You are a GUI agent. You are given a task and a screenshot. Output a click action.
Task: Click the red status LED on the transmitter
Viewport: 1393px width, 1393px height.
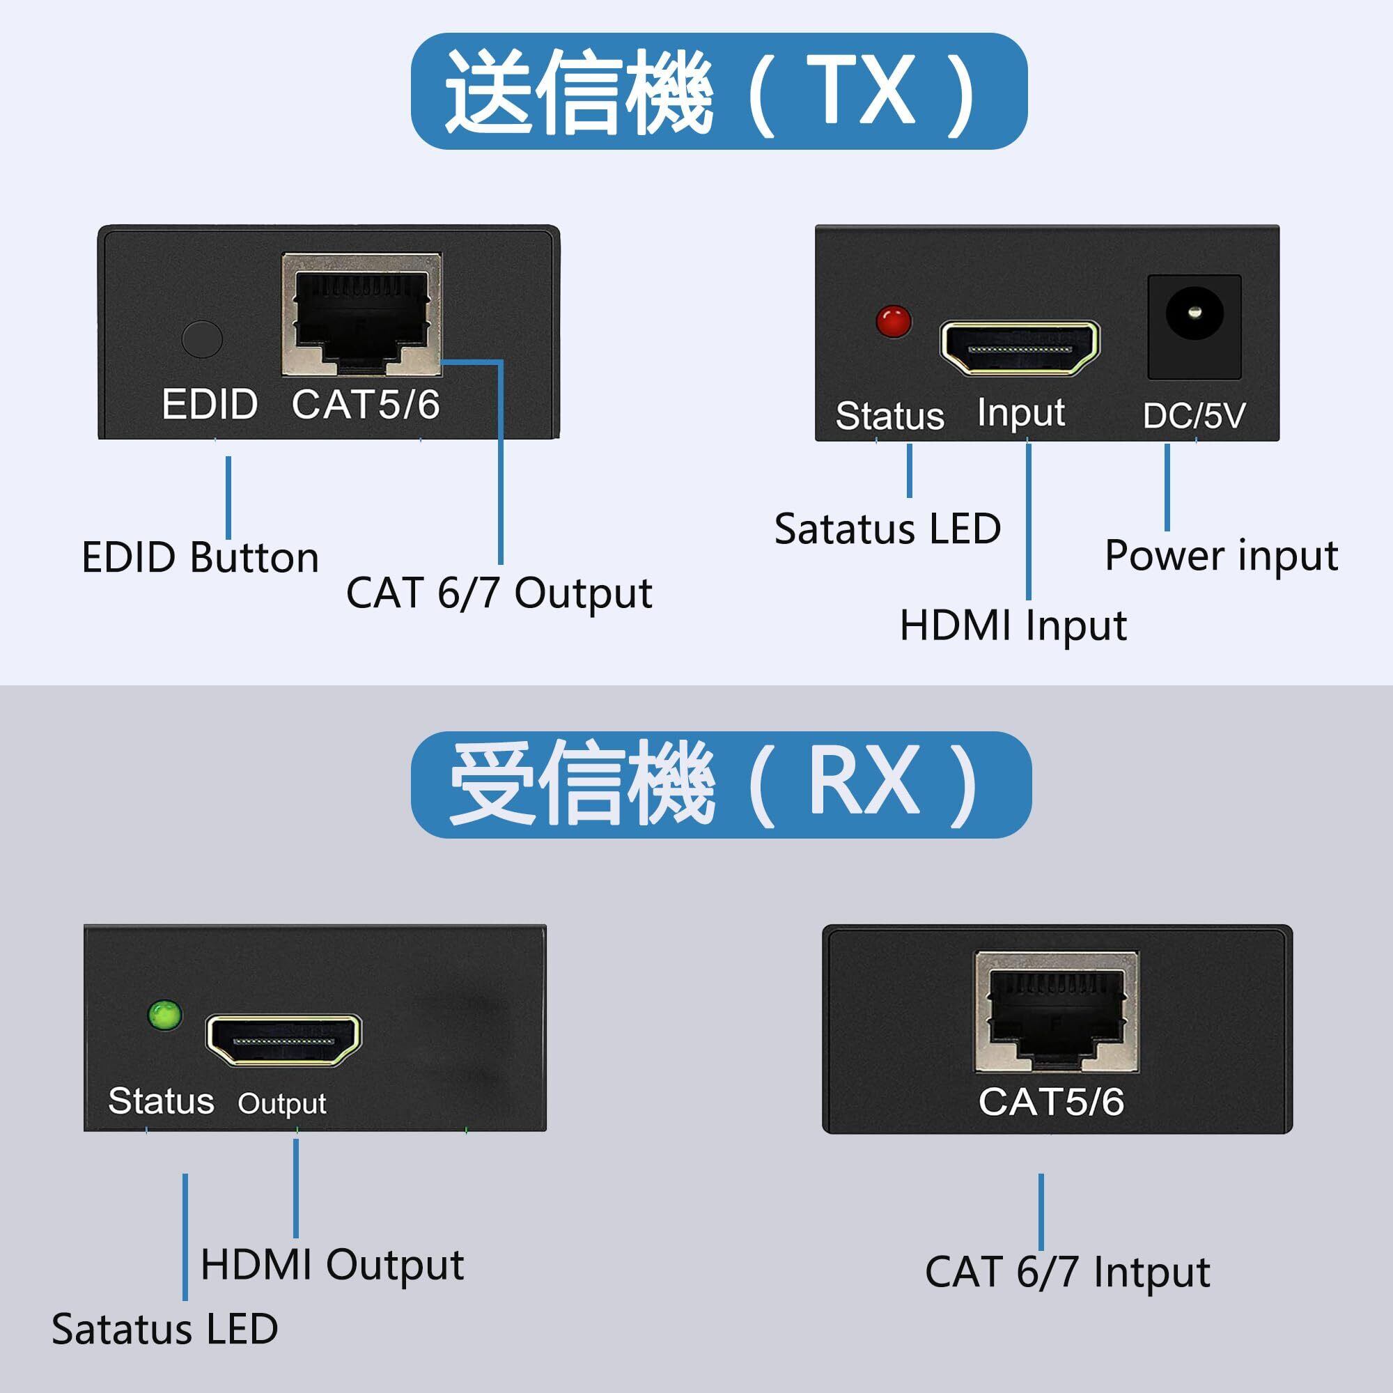coord(894,322)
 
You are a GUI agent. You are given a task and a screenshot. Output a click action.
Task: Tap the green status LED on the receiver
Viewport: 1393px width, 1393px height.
coord(165,1016)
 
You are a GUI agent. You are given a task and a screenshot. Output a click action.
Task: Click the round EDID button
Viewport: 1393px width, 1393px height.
coord(202,338)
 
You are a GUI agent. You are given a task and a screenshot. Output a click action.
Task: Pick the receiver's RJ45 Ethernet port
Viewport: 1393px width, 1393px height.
coord(1057,1010)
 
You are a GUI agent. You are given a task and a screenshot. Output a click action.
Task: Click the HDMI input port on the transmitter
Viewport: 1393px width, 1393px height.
coord(1020,348)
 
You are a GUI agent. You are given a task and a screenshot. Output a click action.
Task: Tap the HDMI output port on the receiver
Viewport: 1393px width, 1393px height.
coord(283,1039)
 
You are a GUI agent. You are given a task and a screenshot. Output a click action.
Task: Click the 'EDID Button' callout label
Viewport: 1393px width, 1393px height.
coord(200,558)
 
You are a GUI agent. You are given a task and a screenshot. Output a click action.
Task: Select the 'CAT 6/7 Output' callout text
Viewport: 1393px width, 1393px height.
coord(499,593)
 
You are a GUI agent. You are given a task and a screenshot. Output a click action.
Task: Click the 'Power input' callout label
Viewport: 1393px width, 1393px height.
coord(1222,556)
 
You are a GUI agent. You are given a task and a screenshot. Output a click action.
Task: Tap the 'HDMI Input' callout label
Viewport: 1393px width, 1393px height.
coord(1013,625)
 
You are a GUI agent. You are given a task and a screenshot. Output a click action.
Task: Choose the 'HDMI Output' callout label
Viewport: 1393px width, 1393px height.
coord(332,1265)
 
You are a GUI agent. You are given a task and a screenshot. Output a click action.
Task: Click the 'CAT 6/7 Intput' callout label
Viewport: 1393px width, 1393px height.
coord(1067,1272)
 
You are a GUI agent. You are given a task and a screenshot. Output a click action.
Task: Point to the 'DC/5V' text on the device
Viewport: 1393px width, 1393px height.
coord(1193,416)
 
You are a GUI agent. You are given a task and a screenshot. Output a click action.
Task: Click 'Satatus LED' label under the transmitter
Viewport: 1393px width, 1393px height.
coord(887,529)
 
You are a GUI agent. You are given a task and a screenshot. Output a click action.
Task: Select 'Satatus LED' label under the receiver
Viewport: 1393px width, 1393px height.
coord(164,1329)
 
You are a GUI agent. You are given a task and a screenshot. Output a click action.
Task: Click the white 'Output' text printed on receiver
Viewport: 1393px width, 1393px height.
coord(282,1103)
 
